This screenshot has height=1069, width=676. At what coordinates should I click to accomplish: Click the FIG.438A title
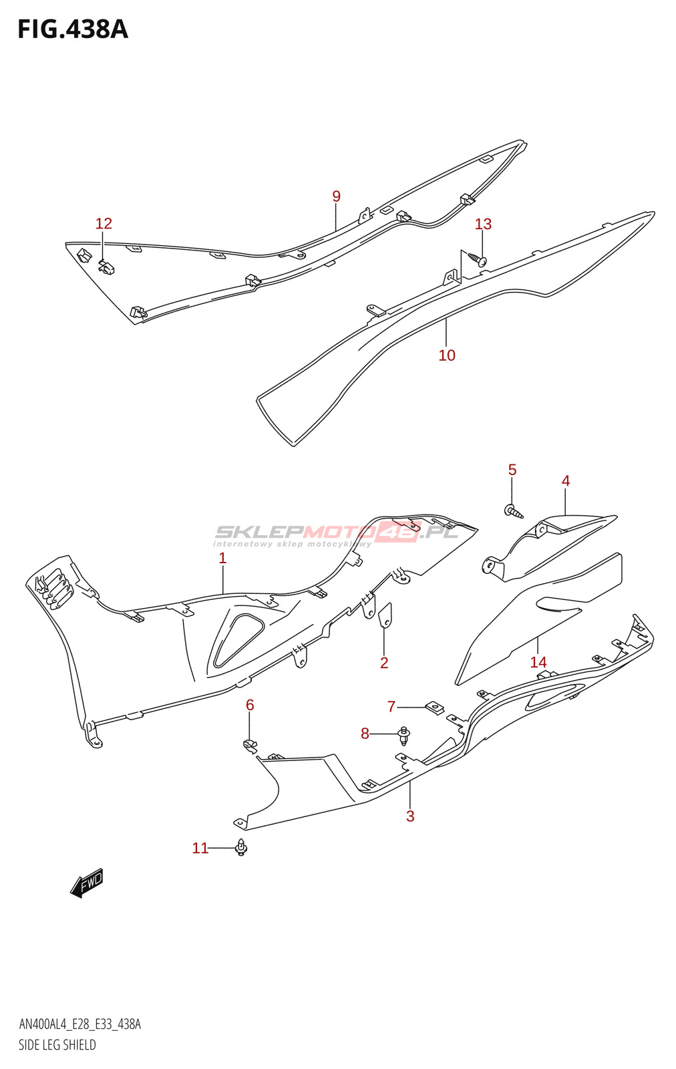tap(72, 29)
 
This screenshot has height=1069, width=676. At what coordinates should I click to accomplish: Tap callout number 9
tap(336, 196)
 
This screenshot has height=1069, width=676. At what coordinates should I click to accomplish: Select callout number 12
tap(104, 224)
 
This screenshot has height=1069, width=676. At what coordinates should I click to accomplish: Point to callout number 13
tap(483, 224)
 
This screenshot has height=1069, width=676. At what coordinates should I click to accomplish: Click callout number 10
tap(447, 355)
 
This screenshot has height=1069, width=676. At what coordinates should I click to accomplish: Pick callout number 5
tap(512, 470)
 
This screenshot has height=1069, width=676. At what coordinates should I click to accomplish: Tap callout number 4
tap(566, 481)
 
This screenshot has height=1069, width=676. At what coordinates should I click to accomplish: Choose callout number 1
tap(222, 559)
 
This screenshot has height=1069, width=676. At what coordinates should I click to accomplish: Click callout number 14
tap(538, 662)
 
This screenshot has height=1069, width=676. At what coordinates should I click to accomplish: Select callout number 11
tap(200, 849)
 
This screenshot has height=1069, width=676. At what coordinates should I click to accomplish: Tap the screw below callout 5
tap(514, 512)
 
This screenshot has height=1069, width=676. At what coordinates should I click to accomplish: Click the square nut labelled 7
tap(435, 708)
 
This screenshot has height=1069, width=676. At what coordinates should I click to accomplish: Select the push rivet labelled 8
tap(403, 736)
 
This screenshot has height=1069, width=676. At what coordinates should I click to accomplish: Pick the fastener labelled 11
tap(241, 848)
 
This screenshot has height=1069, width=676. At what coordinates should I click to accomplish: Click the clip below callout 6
tap(250, 745)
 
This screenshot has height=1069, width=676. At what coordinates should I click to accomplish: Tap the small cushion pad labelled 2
tap(385, 615)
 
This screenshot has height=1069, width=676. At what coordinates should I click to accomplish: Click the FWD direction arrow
tap(88, 883)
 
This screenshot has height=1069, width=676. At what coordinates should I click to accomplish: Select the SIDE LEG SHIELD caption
tap(57, 1045)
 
